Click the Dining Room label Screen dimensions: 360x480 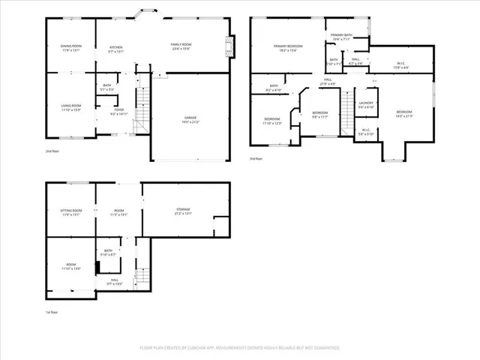[71, 48]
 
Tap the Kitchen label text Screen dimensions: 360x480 [116, 48]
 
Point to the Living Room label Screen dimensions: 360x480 [71, 107]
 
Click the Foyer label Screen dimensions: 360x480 [119, 111]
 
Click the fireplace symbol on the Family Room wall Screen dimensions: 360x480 [230, 46]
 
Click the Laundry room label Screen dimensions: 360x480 [366, 104]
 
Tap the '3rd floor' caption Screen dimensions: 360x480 [256, 159]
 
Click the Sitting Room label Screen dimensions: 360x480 [71, 212]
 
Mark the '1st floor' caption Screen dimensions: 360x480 [52, 312]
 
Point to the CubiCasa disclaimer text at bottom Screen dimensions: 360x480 [240, 348]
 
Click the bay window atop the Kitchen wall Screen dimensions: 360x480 [145, 12]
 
